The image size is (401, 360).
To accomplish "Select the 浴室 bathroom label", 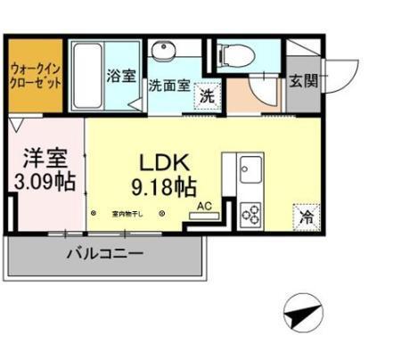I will [121, 76].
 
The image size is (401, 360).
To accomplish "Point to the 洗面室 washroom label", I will [168, 87].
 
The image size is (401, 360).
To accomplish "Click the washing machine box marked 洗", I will [206, 94].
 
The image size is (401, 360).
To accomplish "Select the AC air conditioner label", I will [204, 206].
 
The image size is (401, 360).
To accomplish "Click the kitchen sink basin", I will [250, 167].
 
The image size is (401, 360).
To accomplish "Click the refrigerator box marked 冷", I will [303, 216].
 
